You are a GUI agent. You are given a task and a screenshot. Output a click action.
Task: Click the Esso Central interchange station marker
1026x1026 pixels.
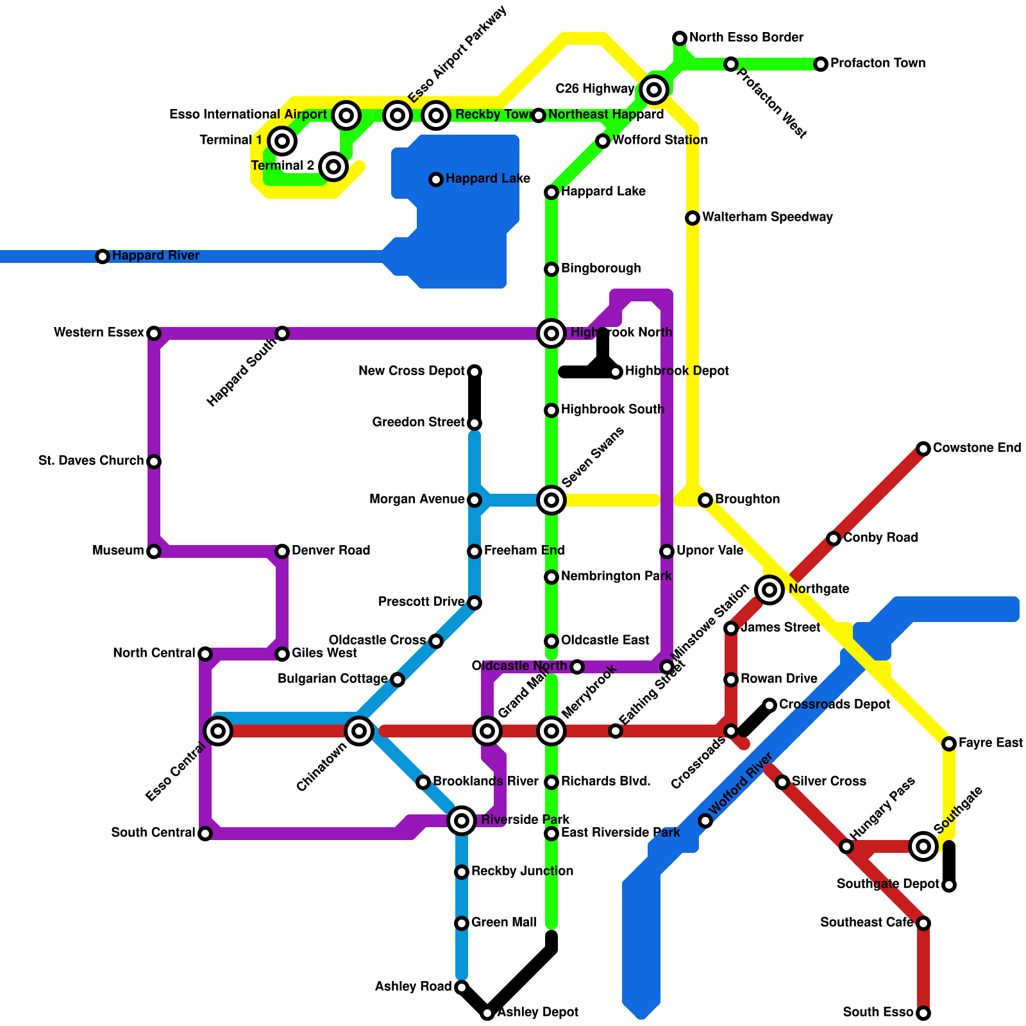click(x=218, y=730)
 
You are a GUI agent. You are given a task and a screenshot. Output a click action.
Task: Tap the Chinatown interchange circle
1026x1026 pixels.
click(x=359, y=730)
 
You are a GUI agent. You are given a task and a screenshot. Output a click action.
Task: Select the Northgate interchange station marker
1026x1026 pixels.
click(x=769, y=589)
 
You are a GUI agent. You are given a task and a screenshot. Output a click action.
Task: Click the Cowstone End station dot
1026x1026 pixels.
click(x=923, y=449)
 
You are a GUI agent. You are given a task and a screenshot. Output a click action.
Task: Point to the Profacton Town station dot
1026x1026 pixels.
click(x=821, y=64)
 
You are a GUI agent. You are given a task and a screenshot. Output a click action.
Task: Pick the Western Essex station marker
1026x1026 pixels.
click(x=154, y=333)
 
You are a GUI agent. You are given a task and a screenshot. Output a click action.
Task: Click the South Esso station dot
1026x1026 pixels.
click(x=923, y=1013)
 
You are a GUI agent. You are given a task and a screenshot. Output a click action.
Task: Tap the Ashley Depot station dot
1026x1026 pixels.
click(x=487, y=1013)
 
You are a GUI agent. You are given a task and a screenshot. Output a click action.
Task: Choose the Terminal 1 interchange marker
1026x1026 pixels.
click(x=282, y=140)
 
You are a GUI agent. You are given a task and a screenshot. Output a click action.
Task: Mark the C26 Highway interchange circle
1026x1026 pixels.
click(x=654, y=90)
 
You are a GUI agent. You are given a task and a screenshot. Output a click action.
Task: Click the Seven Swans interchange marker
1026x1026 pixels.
click(x=551, y=500)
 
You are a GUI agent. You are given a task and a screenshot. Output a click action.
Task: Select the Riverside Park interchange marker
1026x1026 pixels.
click(x=462, y=820)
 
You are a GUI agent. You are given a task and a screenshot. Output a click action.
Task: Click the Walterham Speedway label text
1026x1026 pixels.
click(x=767, y=217)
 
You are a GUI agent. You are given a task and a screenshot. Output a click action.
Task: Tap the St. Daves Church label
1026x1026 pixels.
click(x=91, y=461)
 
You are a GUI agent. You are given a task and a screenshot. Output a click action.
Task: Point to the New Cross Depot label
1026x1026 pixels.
click(x=412, y=371)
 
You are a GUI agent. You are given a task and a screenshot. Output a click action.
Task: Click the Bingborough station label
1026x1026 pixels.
click(x=601, y=269)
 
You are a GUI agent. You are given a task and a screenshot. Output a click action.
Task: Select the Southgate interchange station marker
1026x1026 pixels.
click(x=923, y=846)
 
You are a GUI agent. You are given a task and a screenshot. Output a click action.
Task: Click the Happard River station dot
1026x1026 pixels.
click(x=103, y=256)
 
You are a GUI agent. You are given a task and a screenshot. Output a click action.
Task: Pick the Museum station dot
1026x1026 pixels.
click(x=154, y=551)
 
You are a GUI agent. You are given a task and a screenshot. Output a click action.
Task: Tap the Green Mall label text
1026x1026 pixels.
click(x=503, y=923)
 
